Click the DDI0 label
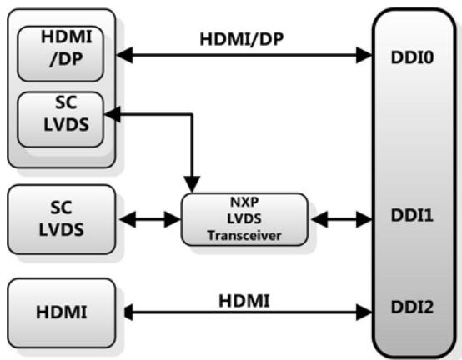tap(412, 57)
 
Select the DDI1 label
tap(412, 215)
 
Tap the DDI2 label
tap(412, 307)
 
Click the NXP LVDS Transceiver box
tap(244, 219)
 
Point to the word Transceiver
tap(244, 236)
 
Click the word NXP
tap(244, 202)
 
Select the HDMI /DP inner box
tap(60, 54)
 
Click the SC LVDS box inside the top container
tap(60, 119)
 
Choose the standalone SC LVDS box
tap(61, 219)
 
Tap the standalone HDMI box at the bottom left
tap(61, 312)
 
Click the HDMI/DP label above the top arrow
tap(242, 39)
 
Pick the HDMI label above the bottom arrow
tap(244, 301)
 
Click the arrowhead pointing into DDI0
tap(364, 55)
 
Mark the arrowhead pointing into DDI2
tap(364, 312)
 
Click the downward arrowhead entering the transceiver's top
tap(192, 184)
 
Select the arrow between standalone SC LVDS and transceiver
tap(150, 219)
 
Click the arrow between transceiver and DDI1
tap(342, 219)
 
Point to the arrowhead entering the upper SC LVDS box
tap(113, 114)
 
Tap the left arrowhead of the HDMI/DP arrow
tap(124, 55)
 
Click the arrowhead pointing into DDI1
tap(364, 219)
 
